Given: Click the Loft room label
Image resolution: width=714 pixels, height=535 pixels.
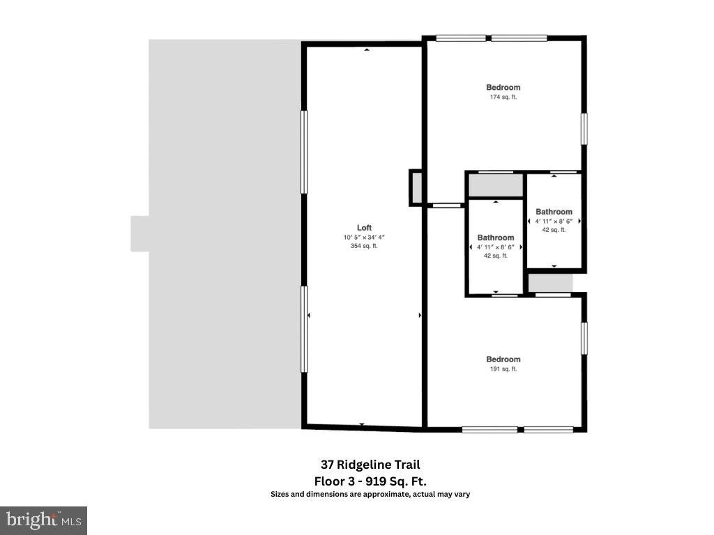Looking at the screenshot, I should (364, 228).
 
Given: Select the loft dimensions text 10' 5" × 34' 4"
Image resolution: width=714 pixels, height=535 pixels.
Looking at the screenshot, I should (364, 238).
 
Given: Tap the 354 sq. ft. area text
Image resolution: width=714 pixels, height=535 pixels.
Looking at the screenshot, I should (364, 246).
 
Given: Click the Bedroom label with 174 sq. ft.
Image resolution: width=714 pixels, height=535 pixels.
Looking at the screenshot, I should (503, 87).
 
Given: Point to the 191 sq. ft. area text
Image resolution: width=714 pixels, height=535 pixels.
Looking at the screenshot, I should (503, 369).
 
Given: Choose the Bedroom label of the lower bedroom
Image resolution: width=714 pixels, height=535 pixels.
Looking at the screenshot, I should (503, 359).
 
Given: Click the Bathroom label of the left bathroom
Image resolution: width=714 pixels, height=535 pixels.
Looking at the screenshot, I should (496, 238).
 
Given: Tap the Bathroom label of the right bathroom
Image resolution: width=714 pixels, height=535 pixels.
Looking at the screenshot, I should (554, 212).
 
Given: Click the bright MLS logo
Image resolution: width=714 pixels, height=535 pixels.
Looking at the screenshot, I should (43, 520).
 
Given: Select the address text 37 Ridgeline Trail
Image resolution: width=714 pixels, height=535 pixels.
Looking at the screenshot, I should (370, 465).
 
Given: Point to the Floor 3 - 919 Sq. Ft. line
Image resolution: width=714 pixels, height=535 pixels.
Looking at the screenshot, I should (370, 481).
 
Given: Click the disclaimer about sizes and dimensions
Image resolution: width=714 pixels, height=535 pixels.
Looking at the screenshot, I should (370, 495).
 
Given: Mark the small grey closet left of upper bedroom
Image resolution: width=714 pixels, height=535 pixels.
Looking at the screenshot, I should (416, 188).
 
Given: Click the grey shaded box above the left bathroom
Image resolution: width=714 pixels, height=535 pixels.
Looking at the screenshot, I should (495, 185).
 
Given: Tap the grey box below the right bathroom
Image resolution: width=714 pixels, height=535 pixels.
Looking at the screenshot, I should (550, 283).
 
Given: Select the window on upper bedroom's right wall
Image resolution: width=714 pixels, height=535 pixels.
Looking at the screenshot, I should (584, 129).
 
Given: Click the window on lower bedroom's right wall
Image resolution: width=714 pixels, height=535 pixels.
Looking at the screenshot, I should (584, 337).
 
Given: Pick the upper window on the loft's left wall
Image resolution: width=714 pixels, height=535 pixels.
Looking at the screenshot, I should (304, 152).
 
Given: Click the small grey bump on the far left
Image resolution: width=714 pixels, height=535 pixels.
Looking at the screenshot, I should (139, 233).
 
